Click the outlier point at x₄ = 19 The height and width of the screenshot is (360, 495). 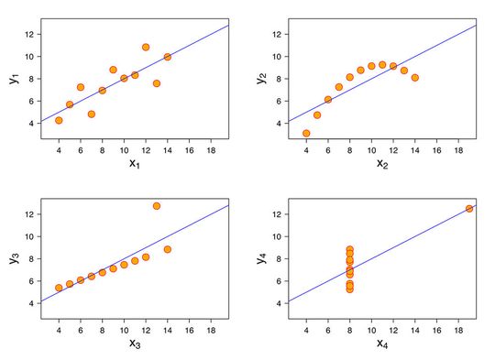[469, 209]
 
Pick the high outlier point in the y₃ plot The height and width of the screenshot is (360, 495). [157, 206]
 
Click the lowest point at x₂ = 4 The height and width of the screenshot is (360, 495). [306, 133]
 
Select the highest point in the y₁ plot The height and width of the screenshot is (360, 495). [146, 47]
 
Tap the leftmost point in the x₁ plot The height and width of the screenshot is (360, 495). [59, 120]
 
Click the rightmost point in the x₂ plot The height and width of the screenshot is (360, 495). [415, 78]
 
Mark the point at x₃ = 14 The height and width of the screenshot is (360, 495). [168, 248]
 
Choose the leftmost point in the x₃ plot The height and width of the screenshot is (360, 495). [59, 288]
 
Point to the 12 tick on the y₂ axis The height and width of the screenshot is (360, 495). [276, 34]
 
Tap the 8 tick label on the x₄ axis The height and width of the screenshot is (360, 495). [350, 329]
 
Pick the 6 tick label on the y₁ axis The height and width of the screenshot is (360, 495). [30, 101]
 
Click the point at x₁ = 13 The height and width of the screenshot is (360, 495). [157, 83]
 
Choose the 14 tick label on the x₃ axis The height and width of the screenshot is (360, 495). [168, 329]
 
